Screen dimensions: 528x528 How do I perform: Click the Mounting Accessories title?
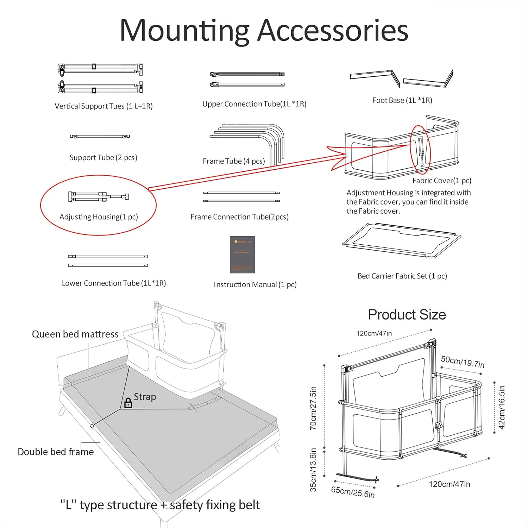[x=264, y=31]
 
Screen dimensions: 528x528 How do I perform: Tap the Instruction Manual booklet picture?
[x=242, y=254]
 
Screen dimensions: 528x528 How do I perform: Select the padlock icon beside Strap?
[x=128, y=403]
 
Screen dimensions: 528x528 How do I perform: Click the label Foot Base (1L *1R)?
[x=402, y=100]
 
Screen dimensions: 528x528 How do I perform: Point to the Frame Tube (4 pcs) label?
[x=234, y=161]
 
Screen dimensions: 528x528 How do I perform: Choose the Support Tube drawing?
[x=100, y=137]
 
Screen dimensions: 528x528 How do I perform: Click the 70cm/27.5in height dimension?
[x=313, y=408]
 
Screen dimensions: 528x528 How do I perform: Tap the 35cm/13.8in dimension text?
[x=313, y=470]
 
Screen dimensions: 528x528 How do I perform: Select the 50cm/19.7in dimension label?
[x=463, y=362]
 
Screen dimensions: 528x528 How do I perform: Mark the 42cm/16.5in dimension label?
[x=502, y=407]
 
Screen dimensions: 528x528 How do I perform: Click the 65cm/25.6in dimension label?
[x=353, y=492]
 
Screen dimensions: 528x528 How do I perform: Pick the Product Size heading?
[x=407, y=315]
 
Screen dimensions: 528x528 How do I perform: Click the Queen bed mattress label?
[x=75, y=334]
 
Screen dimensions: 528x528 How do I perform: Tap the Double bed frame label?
[x=56, y=452]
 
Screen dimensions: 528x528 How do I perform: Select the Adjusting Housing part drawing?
[x=99, y=197]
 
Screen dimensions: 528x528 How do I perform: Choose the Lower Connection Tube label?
[x=114, y=283]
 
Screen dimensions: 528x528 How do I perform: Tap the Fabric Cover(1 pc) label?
[x=441, y=181]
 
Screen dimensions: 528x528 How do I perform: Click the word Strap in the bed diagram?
[x=145, y=397]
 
